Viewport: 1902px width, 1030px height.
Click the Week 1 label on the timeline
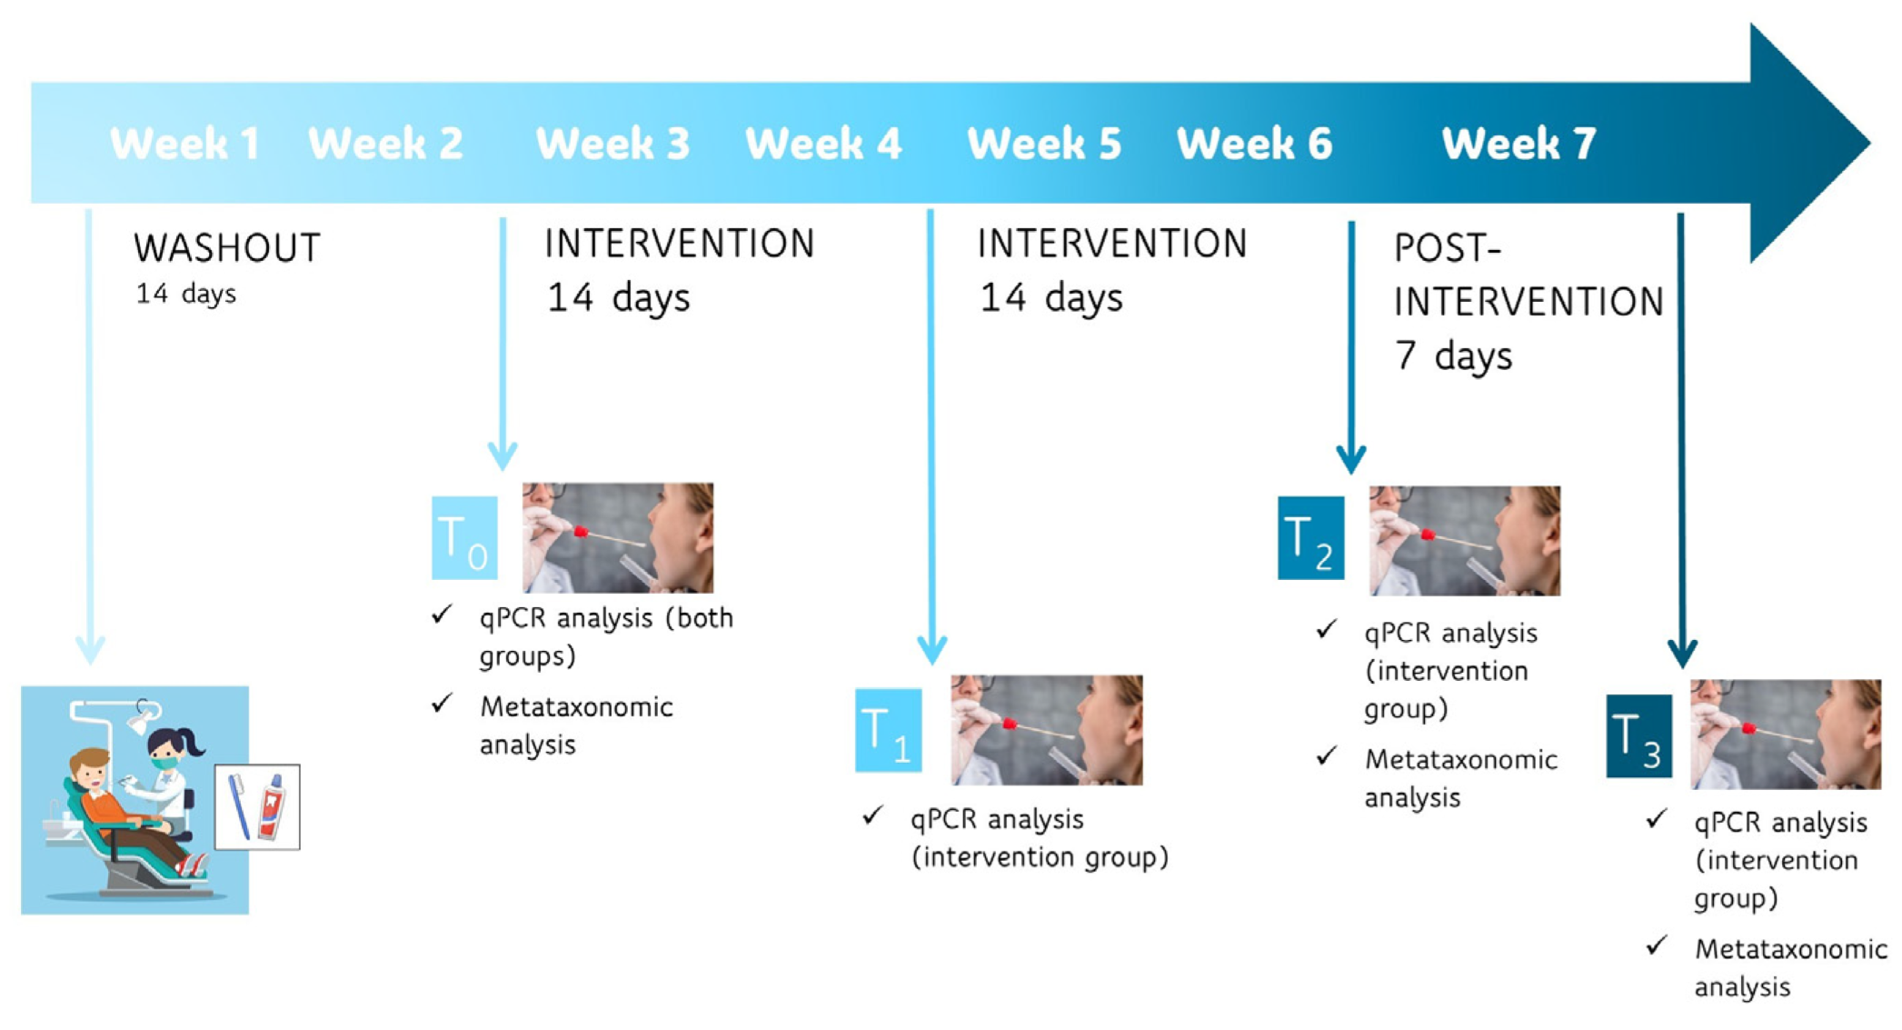(184, 144)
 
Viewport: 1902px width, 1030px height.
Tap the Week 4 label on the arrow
(823, 144)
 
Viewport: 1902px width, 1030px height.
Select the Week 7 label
(1519, 144)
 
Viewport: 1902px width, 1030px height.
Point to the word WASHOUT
(227, 248)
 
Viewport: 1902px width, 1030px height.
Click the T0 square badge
(464, 538)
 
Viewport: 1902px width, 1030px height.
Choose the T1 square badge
(888, 730)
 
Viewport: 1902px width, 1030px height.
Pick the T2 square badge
(1310, 538)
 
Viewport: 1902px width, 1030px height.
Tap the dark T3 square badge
(1638, 735)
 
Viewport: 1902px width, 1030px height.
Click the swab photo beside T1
(1047, 730)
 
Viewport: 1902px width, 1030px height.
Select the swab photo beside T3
(1786, 735)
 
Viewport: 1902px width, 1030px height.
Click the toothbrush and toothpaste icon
(257, 807)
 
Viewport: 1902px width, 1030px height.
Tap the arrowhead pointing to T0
(503, 455)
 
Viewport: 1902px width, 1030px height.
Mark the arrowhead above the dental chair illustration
(90, 649)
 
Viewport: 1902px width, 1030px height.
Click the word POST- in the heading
(1448, 248)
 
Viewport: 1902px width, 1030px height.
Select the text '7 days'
(1454, 355)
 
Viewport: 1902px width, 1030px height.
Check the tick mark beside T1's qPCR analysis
(872, 815)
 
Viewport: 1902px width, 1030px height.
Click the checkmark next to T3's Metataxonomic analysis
(1657, 945)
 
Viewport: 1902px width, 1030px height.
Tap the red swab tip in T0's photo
(581, 531)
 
